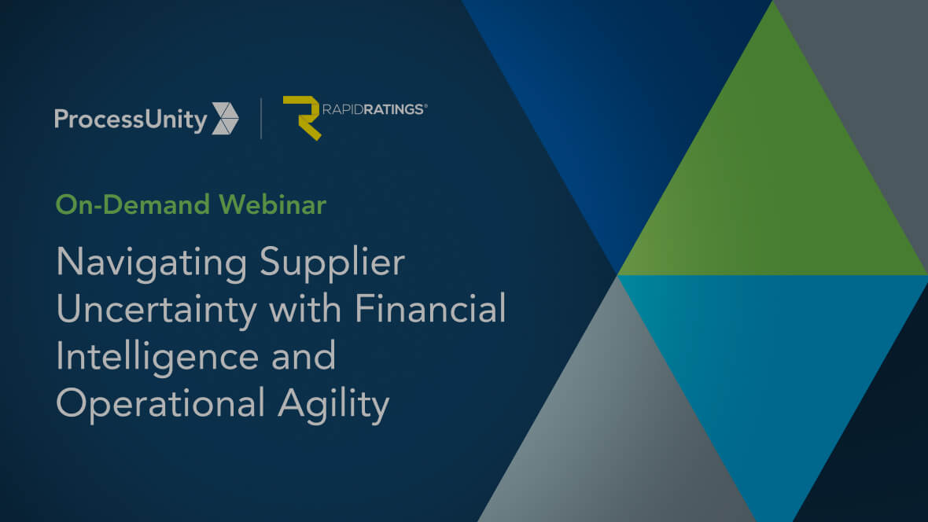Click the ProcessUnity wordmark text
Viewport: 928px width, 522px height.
click(131, 120)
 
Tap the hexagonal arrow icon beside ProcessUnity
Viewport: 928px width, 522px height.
click(225, 119)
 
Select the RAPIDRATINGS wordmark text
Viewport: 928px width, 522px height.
click(373, 109)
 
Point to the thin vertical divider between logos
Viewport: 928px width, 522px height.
click(261, 119)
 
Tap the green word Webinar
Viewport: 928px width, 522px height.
click(272, 204)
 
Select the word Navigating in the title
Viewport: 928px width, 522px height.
click(152, 263)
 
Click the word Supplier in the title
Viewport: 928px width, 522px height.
click(332, 263)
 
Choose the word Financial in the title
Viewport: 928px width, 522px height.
click(430, 308)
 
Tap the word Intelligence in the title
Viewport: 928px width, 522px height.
click(157, 357)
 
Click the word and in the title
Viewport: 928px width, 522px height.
click(304, 355)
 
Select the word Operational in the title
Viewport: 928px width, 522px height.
click(160, 403)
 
